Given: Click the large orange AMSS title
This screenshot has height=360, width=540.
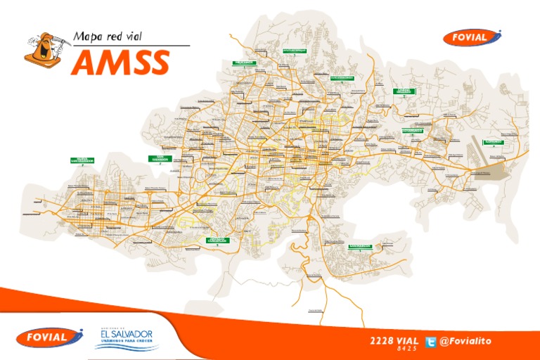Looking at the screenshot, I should pos(121,63).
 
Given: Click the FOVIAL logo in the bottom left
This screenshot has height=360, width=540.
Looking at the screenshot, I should pos(46,337).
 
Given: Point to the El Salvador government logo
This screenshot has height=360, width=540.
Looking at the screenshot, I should pos(127,337).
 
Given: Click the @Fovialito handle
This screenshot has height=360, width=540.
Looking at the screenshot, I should pos(465,341).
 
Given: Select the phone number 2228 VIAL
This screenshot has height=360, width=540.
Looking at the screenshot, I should pos(394,341).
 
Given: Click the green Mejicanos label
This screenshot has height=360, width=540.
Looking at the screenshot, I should pos(243,63).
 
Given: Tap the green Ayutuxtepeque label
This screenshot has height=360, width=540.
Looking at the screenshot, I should pos(295,51).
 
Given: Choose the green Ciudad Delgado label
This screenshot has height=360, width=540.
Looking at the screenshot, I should pos(404,91).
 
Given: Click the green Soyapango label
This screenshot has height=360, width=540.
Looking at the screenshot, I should pos(412,130).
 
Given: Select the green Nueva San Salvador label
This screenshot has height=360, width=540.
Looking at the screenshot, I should pos(83,160).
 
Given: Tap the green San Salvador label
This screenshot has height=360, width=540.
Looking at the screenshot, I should pos(160,158).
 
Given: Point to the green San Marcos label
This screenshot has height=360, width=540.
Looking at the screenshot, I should pos(360,246).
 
